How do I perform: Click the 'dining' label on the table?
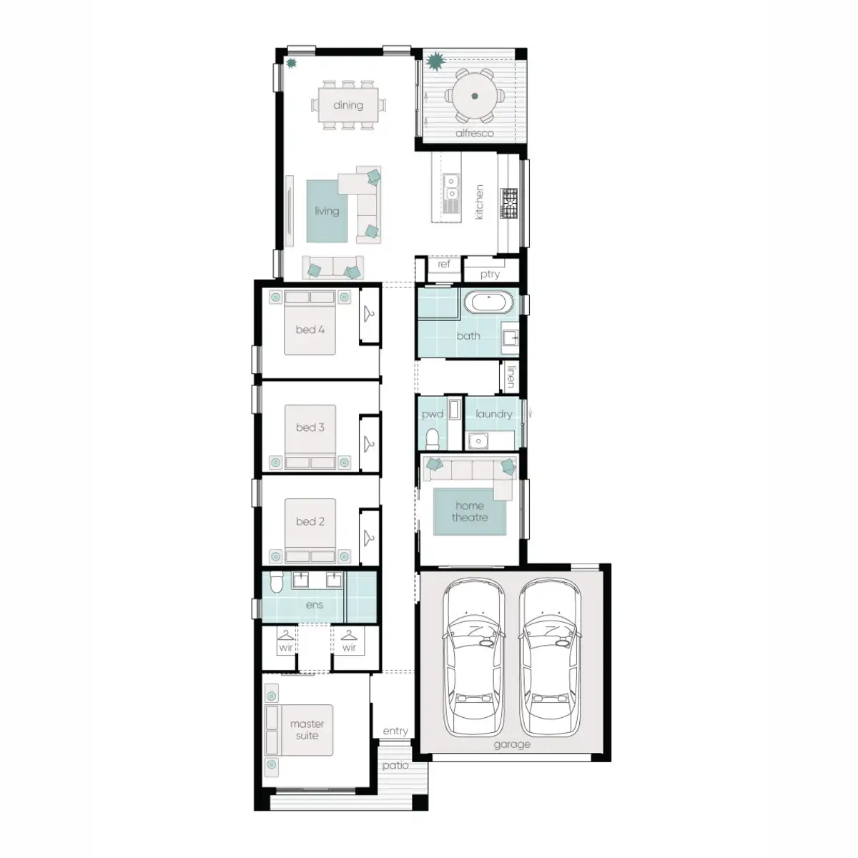(347, 105)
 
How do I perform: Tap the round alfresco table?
(474, 96)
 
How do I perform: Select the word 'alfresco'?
(474, 133)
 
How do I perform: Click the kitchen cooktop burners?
(508, 203)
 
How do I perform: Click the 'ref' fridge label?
(444, 265)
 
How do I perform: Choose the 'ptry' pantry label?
(490, 274)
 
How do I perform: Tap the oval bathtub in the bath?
(489, 302)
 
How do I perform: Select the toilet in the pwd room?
(432, 437)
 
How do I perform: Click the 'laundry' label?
(493, 414)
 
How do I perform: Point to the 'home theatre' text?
(470, 511)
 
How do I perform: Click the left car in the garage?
(473, 658)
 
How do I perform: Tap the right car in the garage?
(549, 658)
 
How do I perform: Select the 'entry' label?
(395, 731)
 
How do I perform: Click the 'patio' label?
(395, 765)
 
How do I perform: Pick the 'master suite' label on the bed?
(307, 729)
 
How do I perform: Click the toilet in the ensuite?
(277, 584)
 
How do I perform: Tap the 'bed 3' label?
(310, 428)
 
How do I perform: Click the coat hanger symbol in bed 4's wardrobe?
(369, 313)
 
